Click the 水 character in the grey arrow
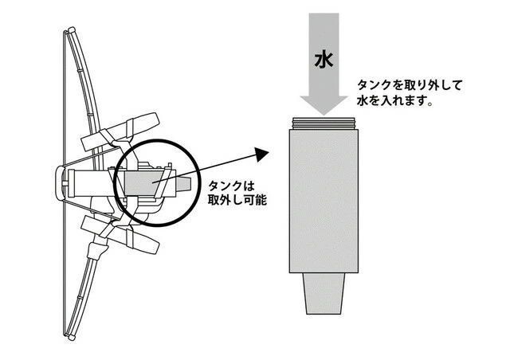point(324,61)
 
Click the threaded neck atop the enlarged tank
point(324,123)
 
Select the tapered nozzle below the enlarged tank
point(324,293)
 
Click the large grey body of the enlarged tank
point(324,201)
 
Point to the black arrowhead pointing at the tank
point(261,154)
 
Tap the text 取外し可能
point(237,200)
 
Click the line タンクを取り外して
point(410,85)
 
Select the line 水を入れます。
point(394,100)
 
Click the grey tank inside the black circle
point(140,184)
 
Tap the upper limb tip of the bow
point(71,29)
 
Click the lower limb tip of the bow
point(71,337)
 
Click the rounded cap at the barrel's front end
point(61,183)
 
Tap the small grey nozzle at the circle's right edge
point(183,185)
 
